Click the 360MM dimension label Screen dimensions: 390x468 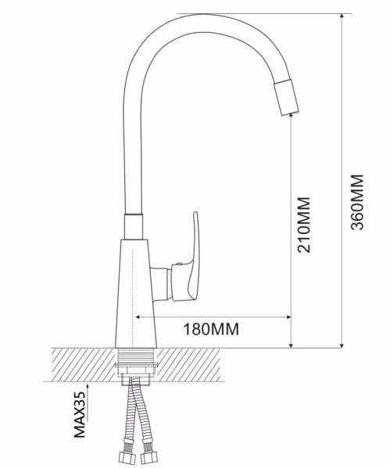click(357, 202)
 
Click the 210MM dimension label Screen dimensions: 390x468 click(304, 225)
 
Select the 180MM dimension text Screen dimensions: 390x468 click(211, 329)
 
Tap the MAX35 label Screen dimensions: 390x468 click(80, 415)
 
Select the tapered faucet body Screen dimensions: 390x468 click(136, 293)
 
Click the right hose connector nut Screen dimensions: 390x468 click(148, 456)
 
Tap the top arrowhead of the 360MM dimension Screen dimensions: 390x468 click(342, 16)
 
